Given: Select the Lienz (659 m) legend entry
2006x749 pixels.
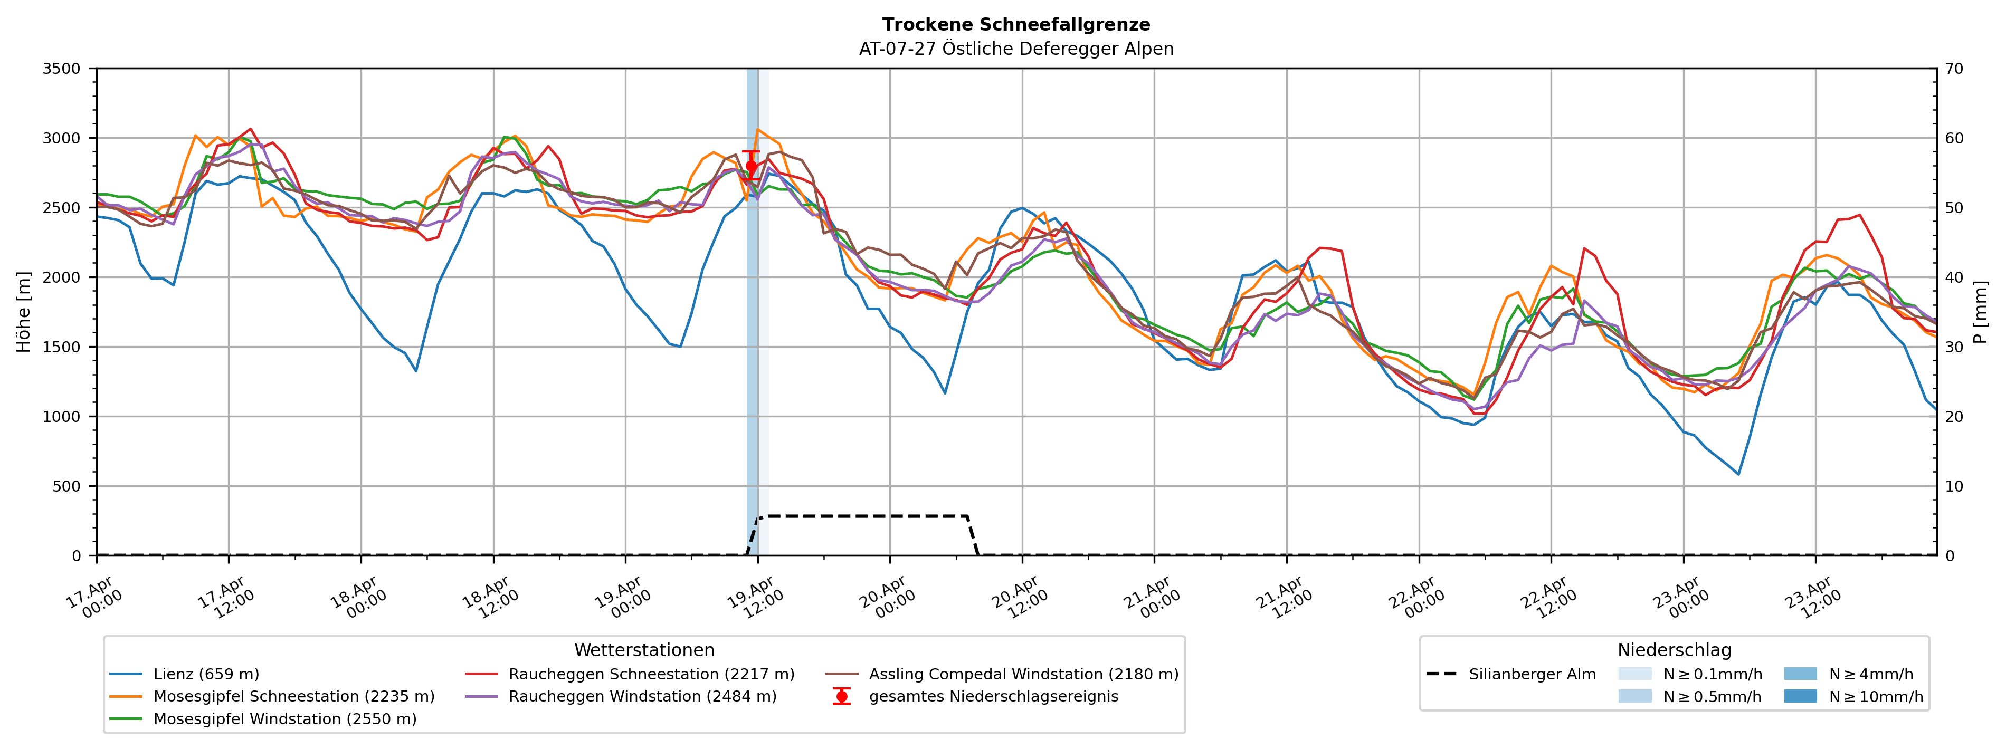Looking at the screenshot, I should pyautogui.click(x=206, y=674).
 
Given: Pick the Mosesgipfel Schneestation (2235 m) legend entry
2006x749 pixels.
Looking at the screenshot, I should pyautogui.click(x=293, y=697).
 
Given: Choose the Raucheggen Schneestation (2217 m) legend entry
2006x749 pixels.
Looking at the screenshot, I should pyautogui.click(x=651, y=674).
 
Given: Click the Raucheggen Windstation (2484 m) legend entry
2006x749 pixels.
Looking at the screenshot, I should pyautogui.click(x=642, y=697).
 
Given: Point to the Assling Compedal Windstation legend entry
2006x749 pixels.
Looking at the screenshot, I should pyautogui.click(x=1023, y=674).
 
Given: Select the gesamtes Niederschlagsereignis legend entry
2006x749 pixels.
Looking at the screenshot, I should pyautogui.click(x=993, y=697).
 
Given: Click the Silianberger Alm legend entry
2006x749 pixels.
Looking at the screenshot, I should pyautogui.click(x=1532, y=674).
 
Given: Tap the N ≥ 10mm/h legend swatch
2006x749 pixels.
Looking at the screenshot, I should pyautogui.click(x=1800, y=696).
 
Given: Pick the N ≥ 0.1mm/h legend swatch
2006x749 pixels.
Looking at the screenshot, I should pyautogui.click(x=1634, y=674).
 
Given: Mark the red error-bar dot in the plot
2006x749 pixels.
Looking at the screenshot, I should pyautogui.click(x=752, y=166).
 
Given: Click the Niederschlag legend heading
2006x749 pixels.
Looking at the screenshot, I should pyautogui.click(x=1674, y=650).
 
